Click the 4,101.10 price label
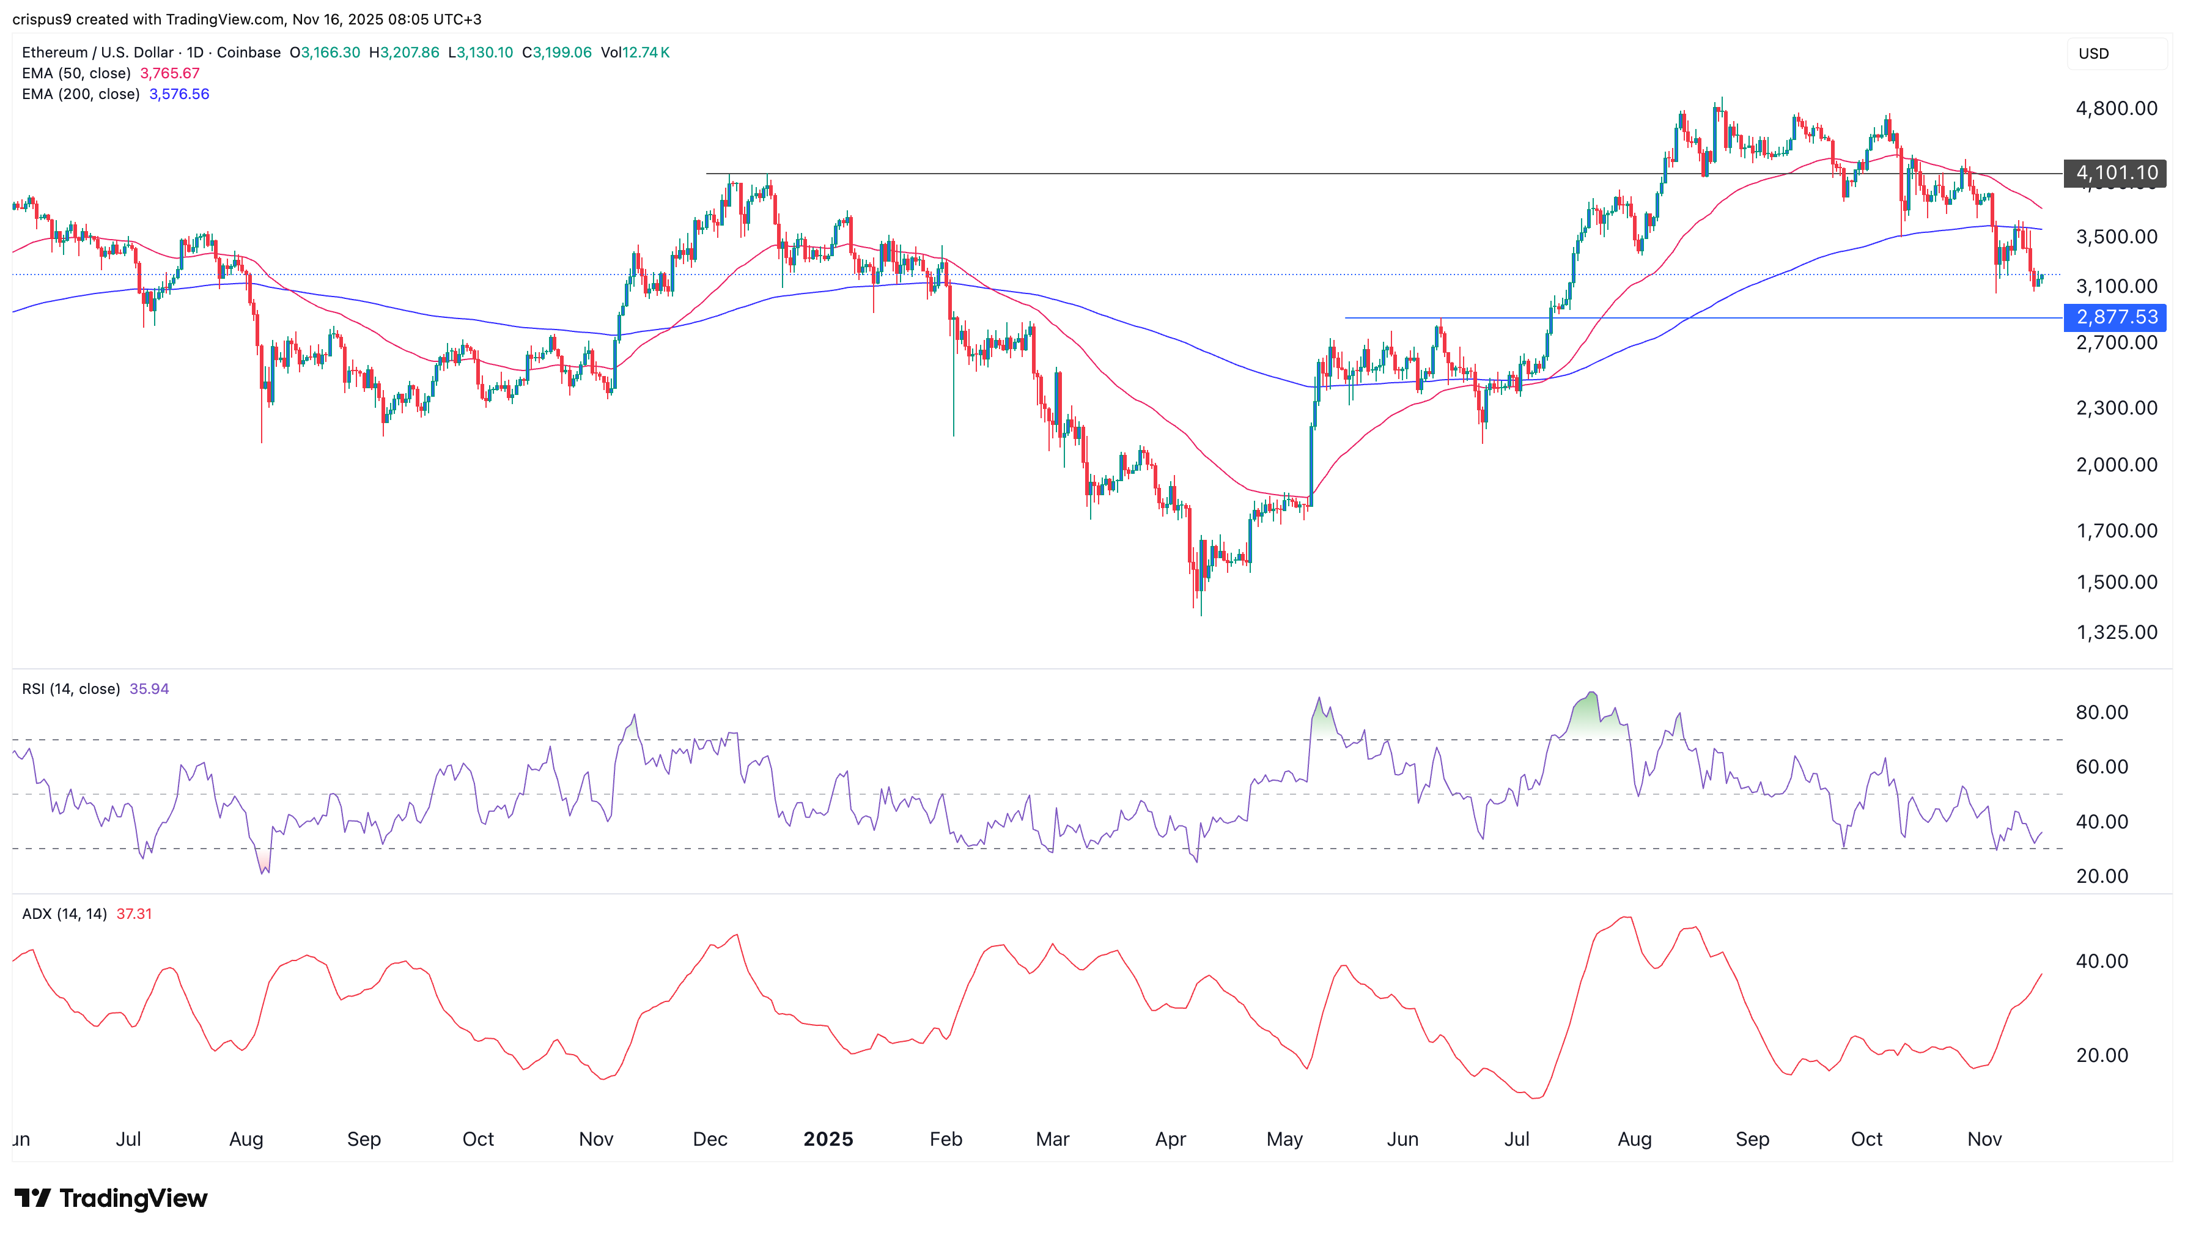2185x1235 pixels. [2115, 173]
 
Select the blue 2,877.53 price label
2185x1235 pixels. [2115, 317]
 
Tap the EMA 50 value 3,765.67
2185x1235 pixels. [169, 73]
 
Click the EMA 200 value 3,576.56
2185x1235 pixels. [179, 94]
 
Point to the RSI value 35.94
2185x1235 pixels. [149, 689]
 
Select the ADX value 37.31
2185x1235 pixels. [134, 913]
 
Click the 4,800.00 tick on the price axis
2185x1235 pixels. [2115, 109]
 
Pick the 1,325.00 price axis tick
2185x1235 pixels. [2115, 632]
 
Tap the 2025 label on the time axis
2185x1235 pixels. [828, 1139]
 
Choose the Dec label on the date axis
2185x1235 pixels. [710, 1139]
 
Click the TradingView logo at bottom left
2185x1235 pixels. [110, 1198]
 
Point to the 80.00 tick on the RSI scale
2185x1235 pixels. [2101, 712]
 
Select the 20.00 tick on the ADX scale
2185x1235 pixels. [2101, 1055]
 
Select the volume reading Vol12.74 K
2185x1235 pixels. [635, 53]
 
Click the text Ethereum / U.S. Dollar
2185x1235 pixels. [98, 53]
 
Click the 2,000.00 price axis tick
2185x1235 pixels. [2115, 465]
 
